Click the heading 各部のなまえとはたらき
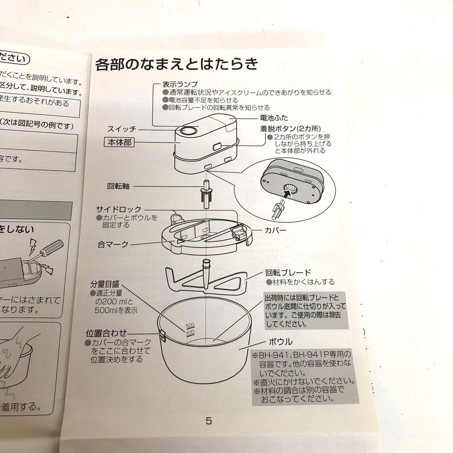pos(176,65)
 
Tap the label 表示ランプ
pos(180,84)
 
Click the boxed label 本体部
pos(119,143)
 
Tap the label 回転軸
pos(119,186)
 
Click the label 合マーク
pos(113,244)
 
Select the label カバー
pos(276,230)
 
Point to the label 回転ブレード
pos(288,273)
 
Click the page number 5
pos(208,421)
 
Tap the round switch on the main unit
pos(187,131)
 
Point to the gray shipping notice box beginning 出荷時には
pos(305,310)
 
